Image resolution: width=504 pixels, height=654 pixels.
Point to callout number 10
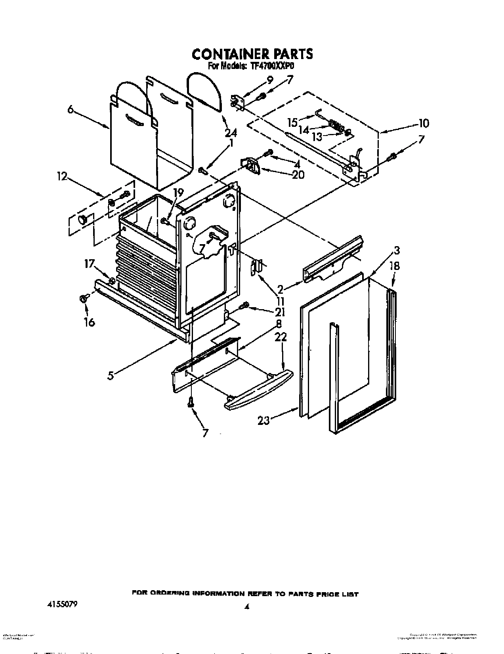click(x=423, y=124)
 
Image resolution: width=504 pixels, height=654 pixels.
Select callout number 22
click(x=281, y=337)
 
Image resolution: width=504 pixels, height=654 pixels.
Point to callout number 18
click(x=394, y=266)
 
